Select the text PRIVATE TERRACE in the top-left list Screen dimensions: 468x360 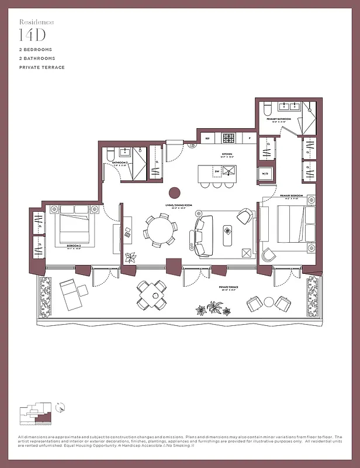click(x=41, y=68)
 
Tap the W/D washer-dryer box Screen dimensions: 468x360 click(x=265, y=174)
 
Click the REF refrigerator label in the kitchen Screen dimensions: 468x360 click(x=206, y=138)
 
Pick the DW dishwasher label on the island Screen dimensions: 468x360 click(x=217, y=171)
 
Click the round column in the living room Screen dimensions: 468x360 click(x=174, y=192)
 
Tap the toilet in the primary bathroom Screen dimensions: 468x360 click(x=266, y=109)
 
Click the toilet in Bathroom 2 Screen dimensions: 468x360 click(x=109, y=154)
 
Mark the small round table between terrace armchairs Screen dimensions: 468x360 click(x=268, y=302)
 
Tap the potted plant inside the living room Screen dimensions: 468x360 click(x=130, y=257)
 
